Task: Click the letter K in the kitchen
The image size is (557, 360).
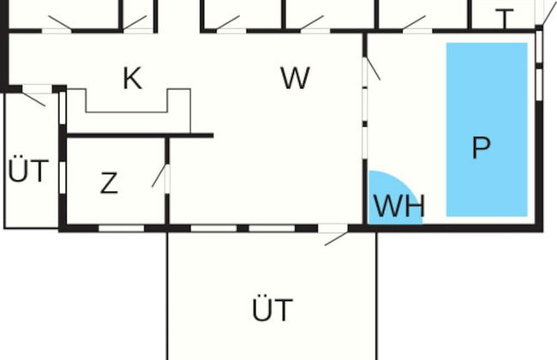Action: (x=131, y=79)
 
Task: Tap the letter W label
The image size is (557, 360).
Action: (x=294, y=79)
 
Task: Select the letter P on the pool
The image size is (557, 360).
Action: (x=482, y=147)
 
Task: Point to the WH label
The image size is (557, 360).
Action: (x=398, y=207)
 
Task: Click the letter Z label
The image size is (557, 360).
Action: (x=109, y=183)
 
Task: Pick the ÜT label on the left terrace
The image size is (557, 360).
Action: (x=28, y=171)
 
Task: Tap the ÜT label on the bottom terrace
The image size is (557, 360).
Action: (x=273, y=310)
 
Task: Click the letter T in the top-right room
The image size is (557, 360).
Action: (x=505, y=18)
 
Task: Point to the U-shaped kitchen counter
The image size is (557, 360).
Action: (x=129, y=110)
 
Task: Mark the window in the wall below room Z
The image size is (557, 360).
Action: (x=120, y=228)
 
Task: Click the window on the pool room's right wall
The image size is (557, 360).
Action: (x=539, y=81)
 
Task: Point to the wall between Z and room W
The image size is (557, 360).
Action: (x=167, y=201)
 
